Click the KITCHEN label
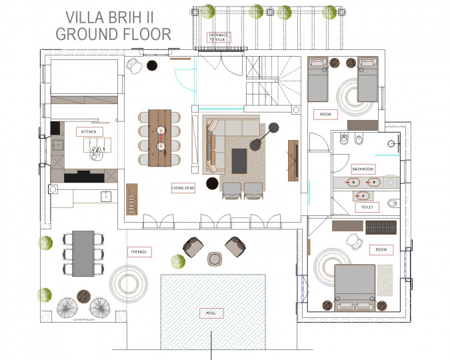click(x=89, y=132)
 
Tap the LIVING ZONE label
click(x=183, y=188)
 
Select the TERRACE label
click(x=138, y=251)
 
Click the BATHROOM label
click(x=363, y=169)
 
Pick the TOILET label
click(x=366, y=207)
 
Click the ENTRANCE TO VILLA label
click(x=218, y=37)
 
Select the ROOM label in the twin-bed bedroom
click(x=325, y=114)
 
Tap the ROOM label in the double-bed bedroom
click(x=381, y=250)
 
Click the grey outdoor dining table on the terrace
click(x=83, y=253)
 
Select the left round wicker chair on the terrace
click(x=70, y=308)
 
